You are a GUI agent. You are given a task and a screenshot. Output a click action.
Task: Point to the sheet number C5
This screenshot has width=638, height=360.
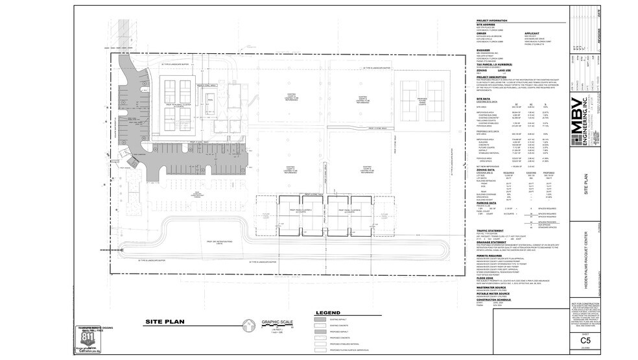click(x=585, y=340)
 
